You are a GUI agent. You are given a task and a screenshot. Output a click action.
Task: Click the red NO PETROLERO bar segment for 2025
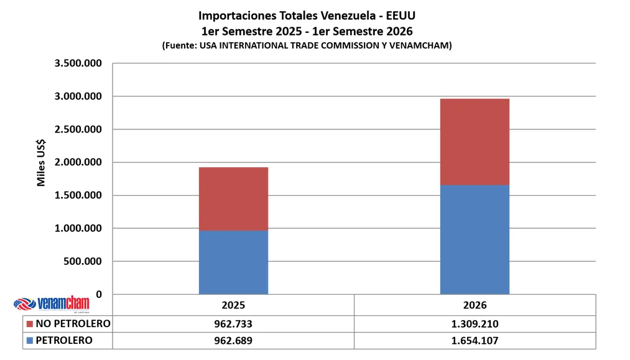[x=233, y=199]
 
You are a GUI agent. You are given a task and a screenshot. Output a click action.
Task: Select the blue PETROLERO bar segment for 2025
[x=233, y=262]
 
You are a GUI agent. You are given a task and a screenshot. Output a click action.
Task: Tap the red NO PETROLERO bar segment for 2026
[x=475, y=142]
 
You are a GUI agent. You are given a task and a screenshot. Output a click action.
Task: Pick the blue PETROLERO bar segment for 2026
[x=475, y=240]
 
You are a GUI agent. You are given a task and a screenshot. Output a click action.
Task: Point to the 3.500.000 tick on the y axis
[x=78, y=63]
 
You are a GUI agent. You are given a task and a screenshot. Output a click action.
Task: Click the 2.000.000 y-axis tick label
[x=78, y=162]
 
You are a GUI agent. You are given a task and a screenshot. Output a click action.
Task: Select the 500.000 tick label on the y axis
[x=81, y=261]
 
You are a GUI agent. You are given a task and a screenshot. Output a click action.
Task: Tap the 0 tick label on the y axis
[x=99, y=295]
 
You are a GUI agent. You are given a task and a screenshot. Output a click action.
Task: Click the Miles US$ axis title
[x=41, y=163]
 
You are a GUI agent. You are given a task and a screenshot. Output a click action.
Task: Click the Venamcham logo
[x=52, y=304]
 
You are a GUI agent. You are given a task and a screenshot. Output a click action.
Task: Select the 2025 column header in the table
[x=233, y=305]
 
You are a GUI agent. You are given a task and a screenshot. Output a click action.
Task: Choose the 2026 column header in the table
[x=475, y=305]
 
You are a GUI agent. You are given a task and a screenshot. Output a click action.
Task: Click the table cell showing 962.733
[x=233, y=324]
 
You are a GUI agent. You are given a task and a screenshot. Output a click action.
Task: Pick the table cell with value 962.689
[x=233, y=341]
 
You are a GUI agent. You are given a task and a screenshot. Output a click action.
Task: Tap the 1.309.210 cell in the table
[x=475, y=324]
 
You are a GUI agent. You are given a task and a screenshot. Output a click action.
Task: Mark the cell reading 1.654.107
[x=475, y=341]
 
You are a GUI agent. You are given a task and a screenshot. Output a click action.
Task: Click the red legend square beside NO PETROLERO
[x=29, y=324]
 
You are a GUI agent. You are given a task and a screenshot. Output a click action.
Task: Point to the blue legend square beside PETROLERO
[x=29, y=341]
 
